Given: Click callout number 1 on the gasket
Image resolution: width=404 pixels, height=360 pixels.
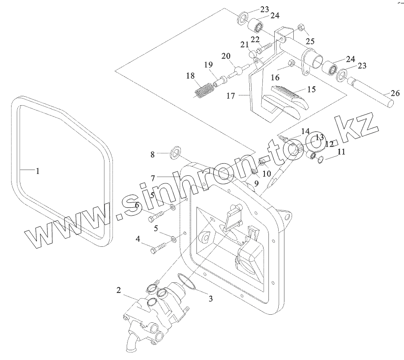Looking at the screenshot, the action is (38, 170).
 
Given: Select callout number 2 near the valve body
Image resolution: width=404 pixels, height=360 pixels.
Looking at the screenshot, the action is (119, 291).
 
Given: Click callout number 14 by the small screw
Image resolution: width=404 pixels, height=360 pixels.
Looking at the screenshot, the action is (305, 131).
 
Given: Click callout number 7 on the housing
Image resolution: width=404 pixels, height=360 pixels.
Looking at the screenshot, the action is (152, 178).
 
